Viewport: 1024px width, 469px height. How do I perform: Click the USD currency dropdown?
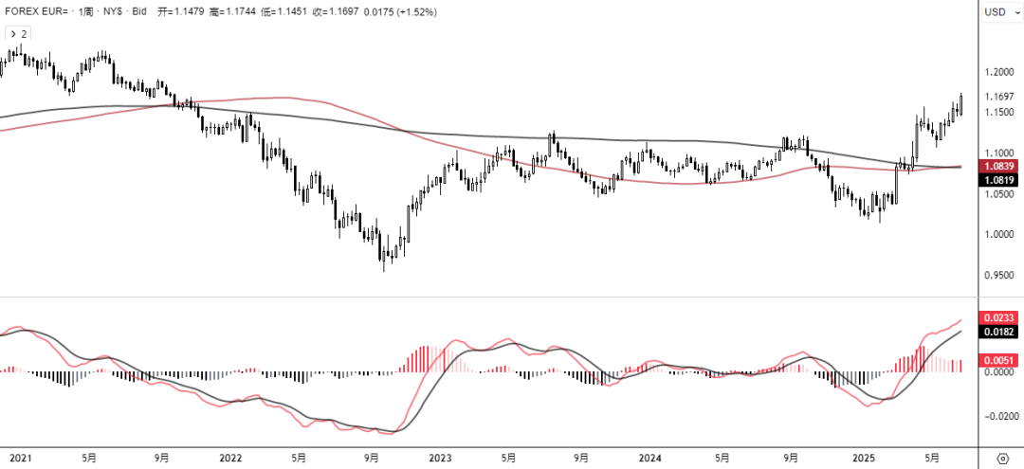[998, 11]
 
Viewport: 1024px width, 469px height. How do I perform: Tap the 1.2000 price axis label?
[1000, 72]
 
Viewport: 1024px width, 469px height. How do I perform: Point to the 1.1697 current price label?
[1000, 97]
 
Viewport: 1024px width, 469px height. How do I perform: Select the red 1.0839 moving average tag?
[1001, 166]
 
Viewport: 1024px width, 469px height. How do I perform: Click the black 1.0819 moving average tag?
[1001, 180]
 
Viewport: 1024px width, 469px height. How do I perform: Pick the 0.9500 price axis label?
[1000, 276]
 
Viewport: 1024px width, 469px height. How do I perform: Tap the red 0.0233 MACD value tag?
[1001, 318]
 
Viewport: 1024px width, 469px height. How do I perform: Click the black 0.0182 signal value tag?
[1001, 333]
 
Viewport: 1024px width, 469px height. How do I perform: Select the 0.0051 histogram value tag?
[1001, 360]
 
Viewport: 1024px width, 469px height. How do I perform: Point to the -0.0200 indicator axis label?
[1000, 416]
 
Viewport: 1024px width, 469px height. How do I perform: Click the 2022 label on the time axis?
[230, 457]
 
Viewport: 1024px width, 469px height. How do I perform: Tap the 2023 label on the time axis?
[440, 457]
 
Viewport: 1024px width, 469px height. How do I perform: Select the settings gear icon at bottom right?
[1002, 458]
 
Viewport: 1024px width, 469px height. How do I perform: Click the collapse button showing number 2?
[18, 33]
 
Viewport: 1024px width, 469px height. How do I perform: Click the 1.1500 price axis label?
[1000, 113]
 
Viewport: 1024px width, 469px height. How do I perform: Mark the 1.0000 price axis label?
[1000, 235]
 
